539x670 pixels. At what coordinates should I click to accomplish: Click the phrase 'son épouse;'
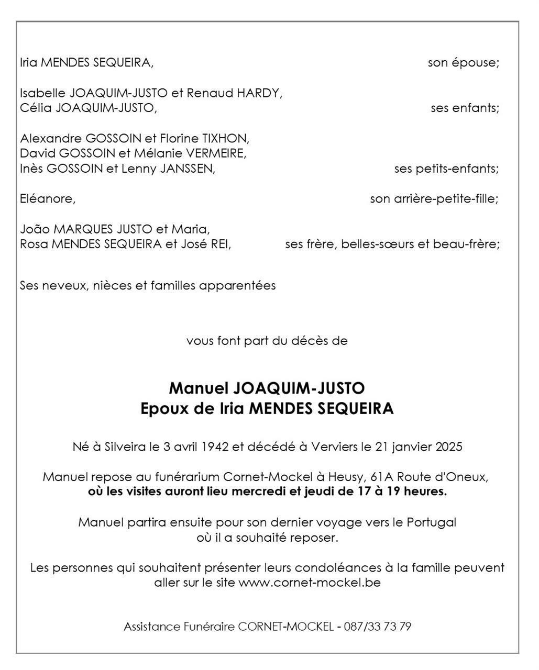pyautogui.click(x=463, y=63)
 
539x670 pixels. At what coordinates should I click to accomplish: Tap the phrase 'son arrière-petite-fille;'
pyautogui.click(x=434, y=199)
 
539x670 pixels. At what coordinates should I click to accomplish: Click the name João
pyautogui.click(x=35, y=229)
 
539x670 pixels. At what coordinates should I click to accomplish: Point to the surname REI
pyautogui.click(x=220, y=244)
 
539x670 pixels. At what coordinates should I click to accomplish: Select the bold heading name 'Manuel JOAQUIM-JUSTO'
pyautogui.click(x=267, y=388)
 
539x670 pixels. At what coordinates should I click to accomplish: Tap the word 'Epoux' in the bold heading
pyautogui.click(x=164, y=409)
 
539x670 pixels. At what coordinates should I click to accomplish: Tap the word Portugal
pyautogui.click(x=431, y=522)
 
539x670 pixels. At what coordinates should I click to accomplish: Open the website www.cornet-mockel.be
pyautogui.click(x=309, y=583)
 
